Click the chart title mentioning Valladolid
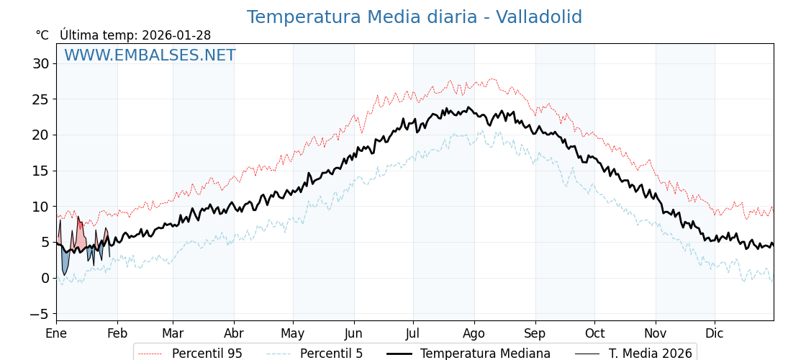click(414, 17)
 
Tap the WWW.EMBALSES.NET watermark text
click(150, 55)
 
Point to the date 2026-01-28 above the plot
click(176, 35)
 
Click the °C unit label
click(42, 35)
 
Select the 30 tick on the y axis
click(40, 63)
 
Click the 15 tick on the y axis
click(40, 171)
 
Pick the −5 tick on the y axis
click(39, 314)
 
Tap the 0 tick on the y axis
click(45, 278)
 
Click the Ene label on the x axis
click(56, 333)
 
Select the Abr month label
click(234, 333)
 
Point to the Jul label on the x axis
click(413, 333)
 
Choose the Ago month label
click(474, 333)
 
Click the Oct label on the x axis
click(594, 333)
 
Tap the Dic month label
click(715, 333)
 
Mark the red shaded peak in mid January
click(80, 234)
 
